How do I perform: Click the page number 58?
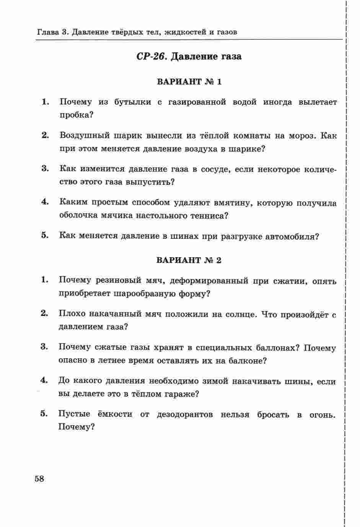point(39,478)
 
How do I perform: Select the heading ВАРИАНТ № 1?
point(189,82)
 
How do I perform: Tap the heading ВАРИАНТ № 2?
point(189,260)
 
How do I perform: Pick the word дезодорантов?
point(185,414)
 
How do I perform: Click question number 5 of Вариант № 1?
point(45,235)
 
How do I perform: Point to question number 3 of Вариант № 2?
point(44,347)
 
